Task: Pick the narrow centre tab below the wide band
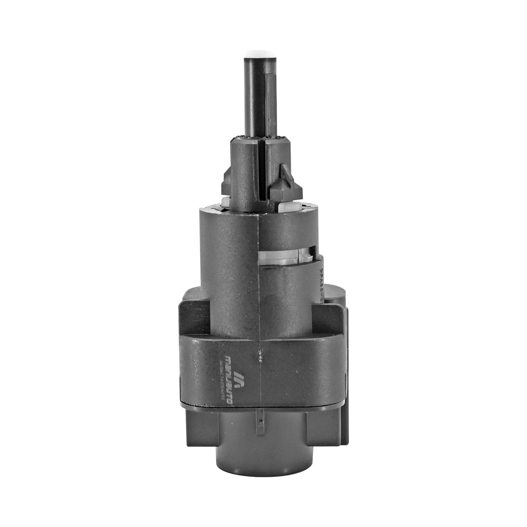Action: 260,416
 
